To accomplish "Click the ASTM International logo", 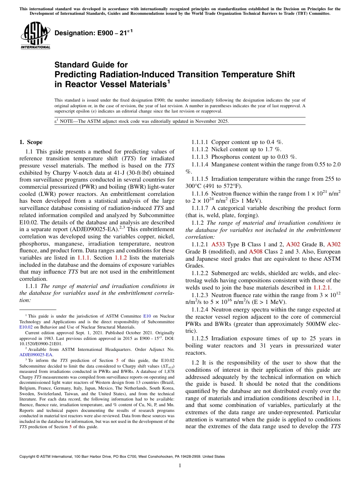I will [35, 35].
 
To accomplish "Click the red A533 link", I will [218, 245].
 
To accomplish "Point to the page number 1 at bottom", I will [180, 466].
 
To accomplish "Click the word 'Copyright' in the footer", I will [28, 457].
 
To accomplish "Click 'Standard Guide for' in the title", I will [91, 65].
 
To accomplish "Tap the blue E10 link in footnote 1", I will [146, 316].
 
